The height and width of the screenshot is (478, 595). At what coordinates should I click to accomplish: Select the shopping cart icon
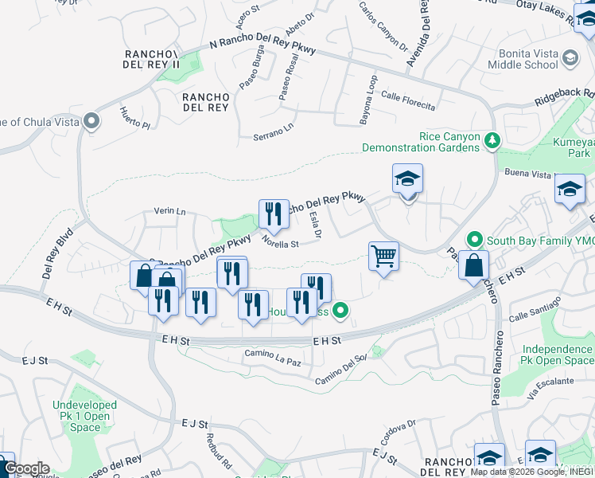383,257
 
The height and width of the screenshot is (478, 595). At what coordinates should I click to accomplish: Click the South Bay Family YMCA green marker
475,238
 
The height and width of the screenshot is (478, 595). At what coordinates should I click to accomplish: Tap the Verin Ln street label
169,212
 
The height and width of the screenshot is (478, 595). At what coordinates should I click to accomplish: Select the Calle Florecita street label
407,101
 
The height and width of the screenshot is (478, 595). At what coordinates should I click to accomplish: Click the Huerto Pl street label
134,118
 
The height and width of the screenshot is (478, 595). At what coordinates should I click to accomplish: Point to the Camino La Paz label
273,357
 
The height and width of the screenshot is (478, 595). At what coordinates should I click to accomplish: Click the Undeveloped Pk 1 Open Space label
85,417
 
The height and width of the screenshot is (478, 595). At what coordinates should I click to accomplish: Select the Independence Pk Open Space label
557,355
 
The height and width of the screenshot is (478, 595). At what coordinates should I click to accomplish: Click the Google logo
25,468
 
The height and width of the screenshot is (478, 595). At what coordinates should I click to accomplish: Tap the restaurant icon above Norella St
273,213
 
